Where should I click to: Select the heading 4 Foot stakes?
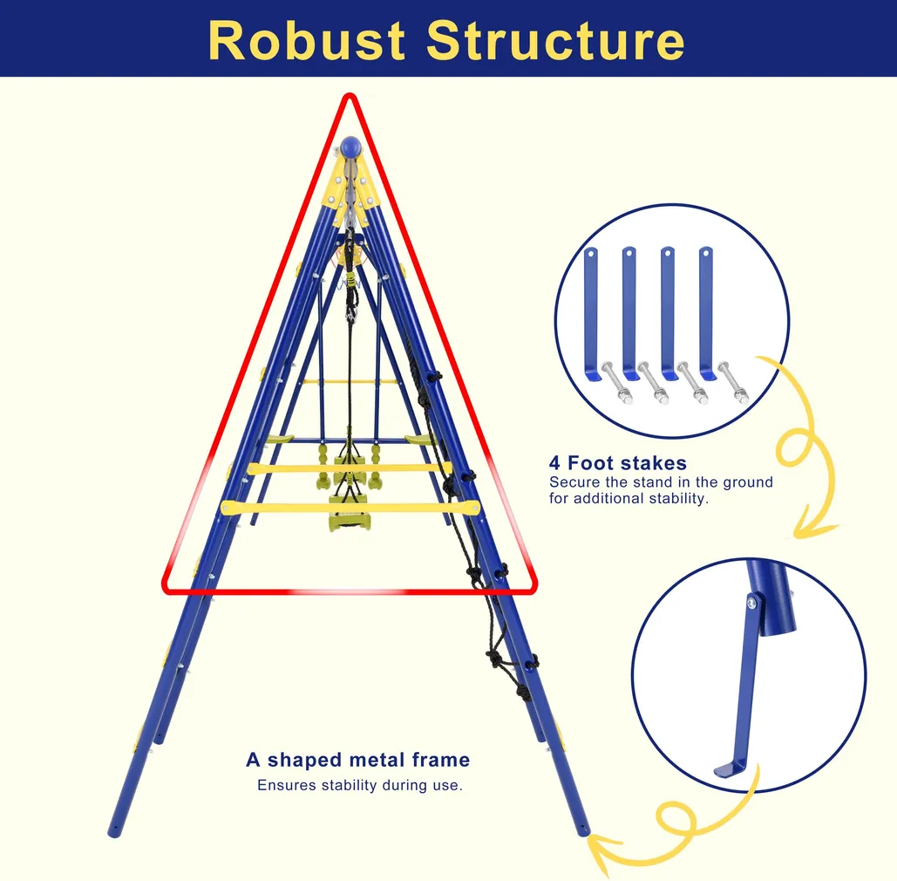point(618,463)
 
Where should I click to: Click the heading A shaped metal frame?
point(357,760)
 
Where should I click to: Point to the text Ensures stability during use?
point(359,785)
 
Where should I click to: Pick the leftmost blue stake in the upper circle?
point(591,310)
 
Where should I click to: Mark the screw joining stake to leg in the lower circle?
point(751,602)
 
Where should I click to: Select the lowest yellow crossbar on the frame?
point(350,507)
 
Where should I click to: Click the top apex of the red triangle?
point(350,95)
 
